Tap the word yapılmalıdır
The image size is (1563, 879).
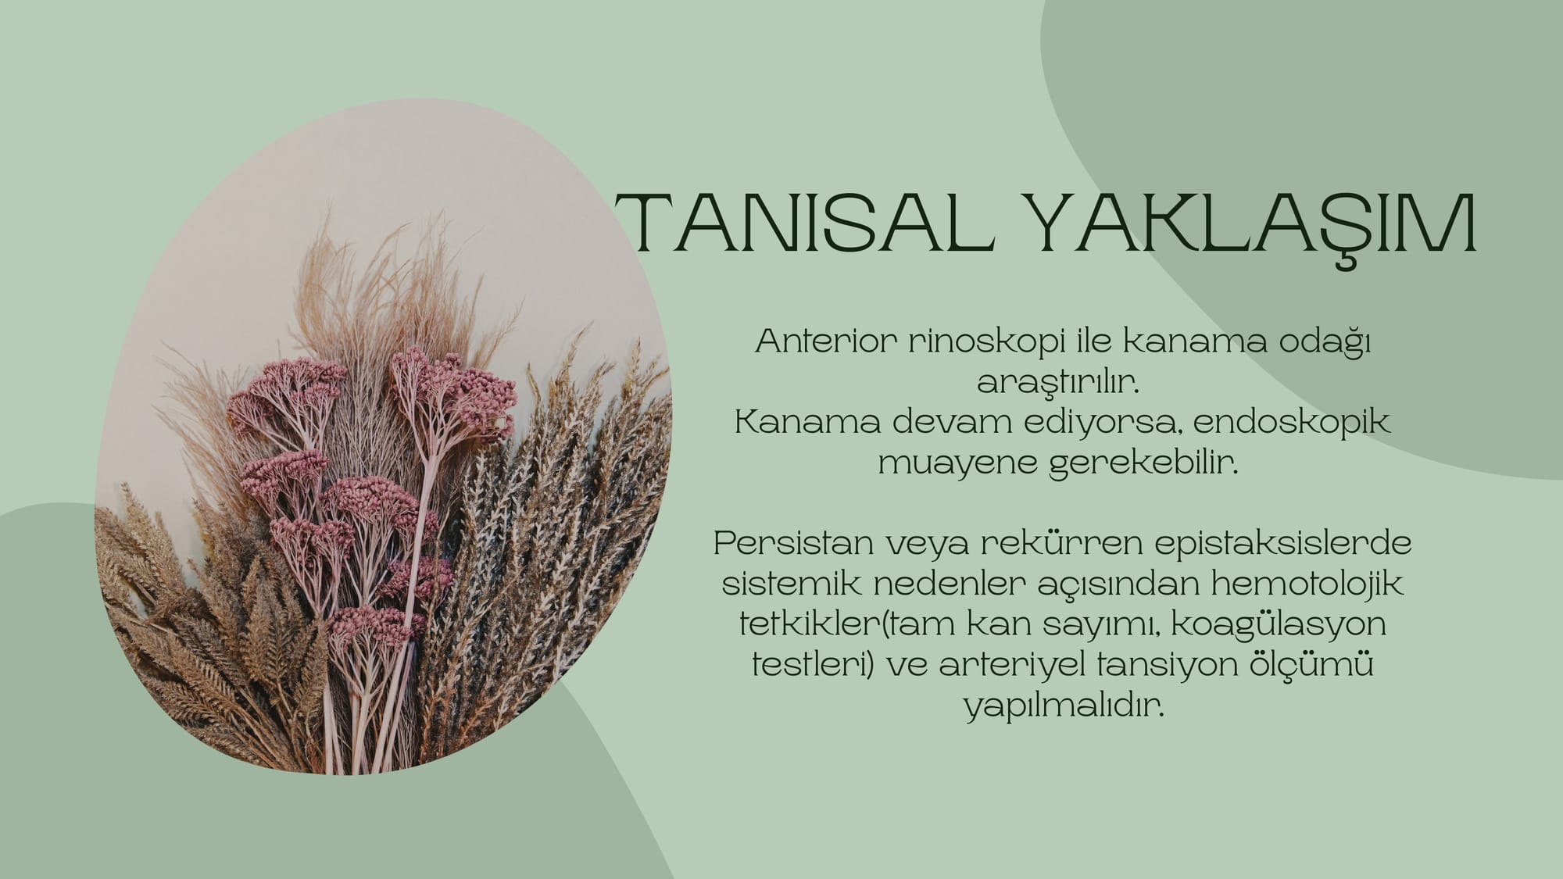tap(1064, 706)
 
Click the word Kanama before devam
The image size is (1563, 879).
tap(807, 423)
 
